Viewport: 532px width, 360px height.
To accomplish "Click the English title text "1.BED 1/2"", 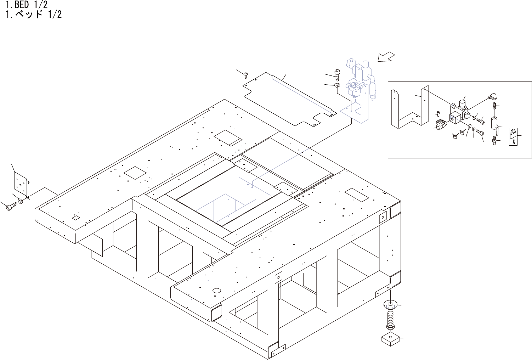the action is click(27, 5).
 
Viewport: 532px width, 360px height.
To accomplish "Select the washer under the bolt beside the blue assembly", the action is click(337, 85).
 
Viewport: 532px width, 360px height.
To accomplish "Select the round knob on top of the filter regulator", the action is click(462, 103).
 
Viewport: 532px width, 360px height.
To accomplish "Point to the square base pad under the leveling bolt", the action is click(390, 339).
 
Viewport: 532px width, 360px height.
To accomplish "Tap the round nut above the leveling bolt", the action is click(390, 304).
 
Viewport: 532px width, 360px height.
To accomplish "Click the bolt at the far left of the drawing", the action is click(11, 206).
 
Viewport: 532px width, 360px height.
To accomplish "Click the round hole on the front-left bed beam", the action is click(216, 291).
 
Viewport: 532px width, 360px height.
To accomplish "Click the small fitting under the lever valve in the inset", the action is click(494, 141).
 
